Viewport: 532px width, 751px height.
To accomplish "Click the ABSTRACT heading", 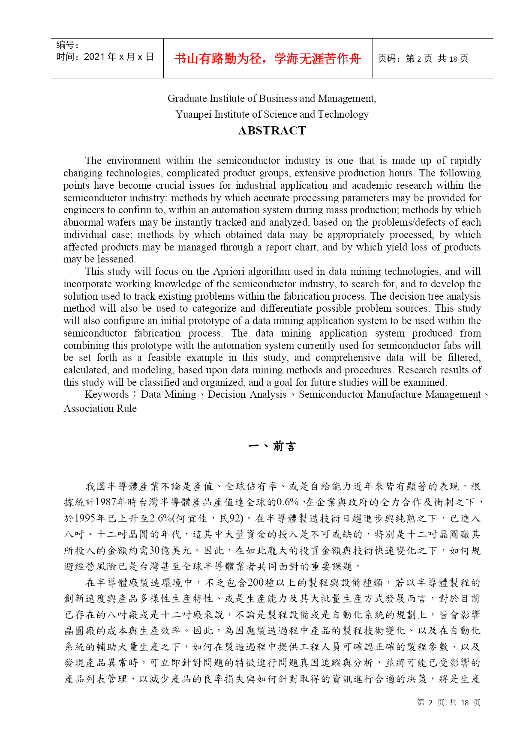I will (272, 131).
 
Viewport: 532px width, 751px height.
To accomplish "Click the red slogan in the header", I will (268, 59).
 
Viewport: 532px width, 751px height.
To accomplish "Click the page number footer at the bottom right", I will (448, 703).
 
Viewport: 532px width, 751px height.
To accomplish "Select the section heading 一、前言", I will (272, 447).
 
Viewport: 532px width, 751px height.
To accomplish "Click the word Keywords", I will (107, 395).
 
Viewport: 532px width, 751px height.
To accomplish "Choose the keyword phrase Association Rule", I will (100, 409).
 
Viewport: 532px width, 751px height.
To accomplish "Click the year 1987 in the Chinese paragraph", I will (105, 502).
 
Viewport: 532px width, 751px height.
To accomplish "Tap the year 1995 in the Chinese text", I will (86, 519).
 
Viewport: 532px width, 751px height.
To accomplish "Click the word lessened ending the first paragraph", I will (116, 259).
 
